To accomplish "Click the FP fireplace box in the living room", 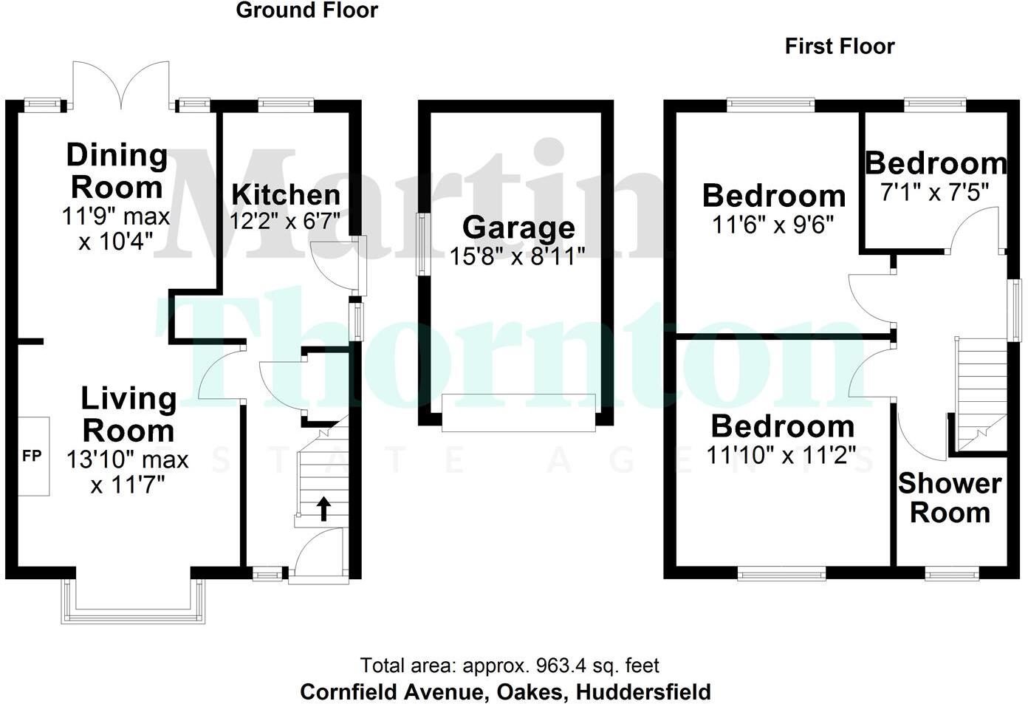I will (x=32, y=456).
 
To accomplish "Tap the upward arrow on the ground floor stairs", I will (x=323, y=508).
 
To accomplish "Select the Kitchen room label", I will (x=286, y=195).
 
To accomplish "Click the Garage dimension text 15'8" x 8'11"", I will (x=517, y=256).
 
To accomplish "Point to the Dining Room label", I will (x=117, y=171).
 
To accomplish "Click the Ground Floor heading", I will (x=306, y=10).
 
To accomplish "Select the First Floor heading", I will (x=839, y=47).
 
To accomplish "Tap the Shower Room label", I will (x=950, y=498).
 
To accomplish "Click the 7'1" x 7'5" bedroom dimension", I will (x=934, y=192).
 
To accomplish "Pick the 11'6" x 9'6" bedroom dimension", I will (x=773, y=224).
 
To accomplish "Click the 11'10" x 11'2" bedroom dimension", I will (x=781, y=455).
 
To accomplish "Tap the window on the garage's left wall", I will (x=423, y=244).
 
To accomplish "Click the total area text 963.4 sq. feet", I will (x=510, y=666).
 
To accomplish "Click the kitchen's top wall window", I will (x=286, y=105).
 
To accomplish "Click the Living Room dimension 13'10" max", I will (x=127, y=459).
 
